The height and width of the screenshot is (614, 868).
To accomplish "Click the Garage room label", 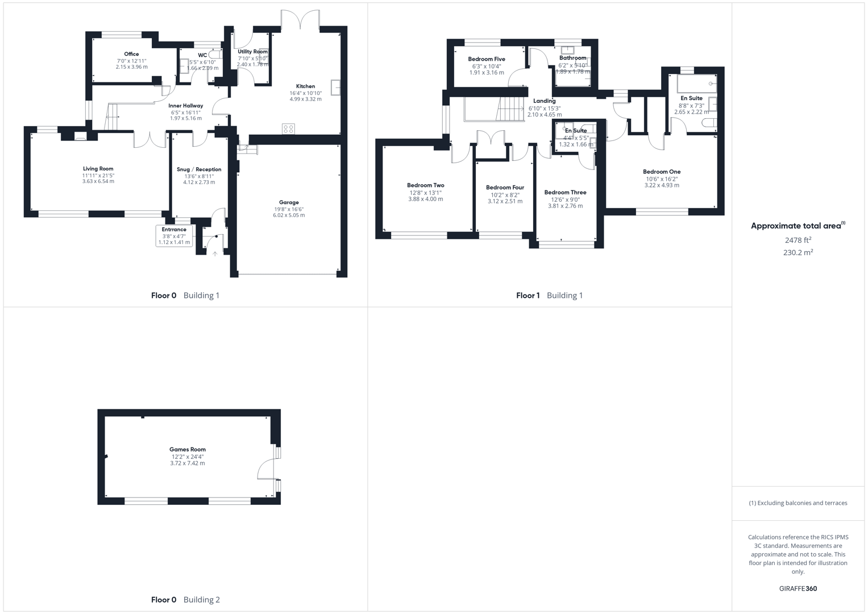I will tap(289, 202).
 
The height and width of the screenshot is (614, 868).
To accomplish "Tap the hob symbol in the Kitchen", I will tap(289, 128).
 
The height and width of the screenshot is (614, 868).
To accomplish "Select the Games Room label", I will tap(188, 450).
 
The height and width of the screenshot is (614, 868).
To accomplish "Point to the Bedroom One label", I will tap(662, 172).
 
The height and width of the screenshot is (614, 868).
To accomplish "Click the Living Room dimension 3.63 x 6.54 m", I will tap(98, 181).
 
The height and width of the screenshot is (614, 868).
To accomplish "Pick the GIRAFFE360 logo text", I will tap(798, 588).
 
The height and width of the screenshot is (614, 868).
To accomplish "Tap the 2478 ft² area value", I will tap(798, 240).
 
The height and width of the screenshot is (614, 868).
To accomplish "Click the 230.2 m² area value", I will tap(798, 253).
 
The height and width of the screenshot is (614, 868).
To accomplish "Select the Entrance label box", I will tap(175, 235).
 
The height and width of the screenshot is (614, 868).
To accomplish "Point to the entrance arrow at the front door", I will tap(215, 253).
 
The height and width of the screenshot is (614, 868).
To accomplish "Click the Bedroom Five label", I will tap(487, 59).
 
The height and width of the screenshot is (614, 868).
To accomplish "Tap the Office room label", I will tap(131, 54).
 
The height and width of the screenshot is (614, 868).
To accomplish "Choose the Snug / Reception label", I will tap(199, 169).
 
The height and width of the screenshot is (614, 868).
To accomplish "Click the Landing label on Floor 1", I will tap(545, 101).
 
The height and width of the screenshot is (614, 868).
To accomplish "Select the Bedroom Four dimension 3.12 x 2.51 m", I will tap(505, 201).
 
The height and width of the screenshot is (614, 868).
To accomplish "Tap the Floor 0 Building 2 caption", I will tap(185, 599).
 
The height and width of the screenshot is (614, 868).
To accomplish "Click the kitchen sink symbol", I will tap(336, 88).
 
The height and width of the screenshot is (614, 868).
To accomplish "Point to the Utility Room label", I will tap(252, 52).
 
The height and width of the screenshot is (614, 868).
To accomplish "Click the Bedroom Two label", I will tap(426, 185).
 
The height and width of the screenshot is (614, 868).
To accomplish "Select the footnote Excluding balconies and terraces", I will tap(798, 503).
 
